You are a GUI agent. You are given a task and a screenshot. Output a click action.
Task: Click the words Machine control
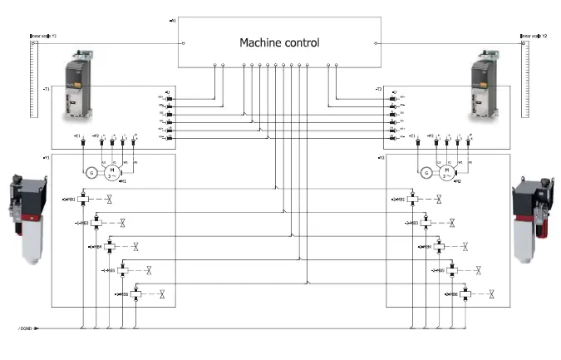[279, 42]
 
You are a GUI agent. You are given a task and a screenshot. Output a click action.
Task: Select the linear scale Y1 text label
[42, 36]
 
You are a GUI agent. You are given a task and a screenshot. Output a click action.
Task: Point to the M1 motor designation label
[122, 181]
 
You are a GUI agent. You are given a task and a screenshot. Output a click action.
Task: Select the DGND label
[25, 328]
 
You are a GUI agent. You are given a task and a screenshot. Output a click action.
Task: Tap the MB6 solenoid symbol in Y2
[466, 294]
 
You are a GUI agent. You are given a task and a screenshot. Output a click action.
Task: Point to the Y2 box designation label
[381, 156]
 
